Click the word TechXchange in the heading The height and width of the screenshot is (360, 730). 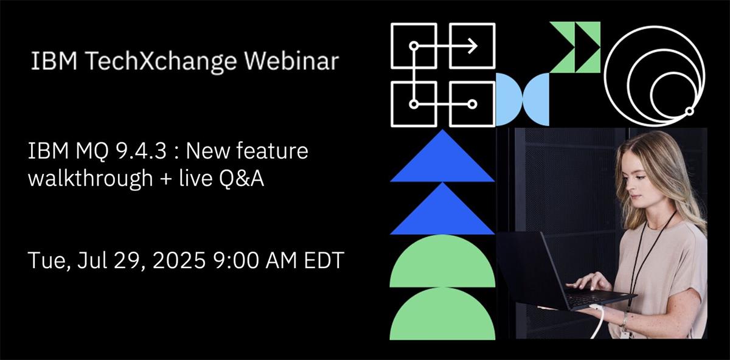[162, 61]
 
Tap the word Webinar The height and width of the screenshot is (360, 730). [292, 60]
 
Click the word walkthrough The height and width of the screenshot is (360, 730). [91, 178]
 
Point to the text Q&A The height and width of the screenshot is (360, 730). [242, 179]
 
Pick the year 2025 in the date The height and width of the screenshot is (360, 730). [179, 260]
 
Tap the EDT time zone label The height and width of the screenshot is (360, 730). [324, 260]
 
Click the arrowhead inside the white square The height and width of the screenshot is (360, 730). [473, 46]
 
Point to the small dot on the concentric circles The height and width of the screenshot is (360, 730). [689, 111]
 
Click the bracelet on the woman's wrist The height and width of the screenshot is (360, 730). [624, 320]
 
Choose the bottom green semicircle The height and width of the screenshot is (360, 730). [442, 314]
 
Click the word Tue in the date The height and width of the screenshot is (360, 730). [47, 261]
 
